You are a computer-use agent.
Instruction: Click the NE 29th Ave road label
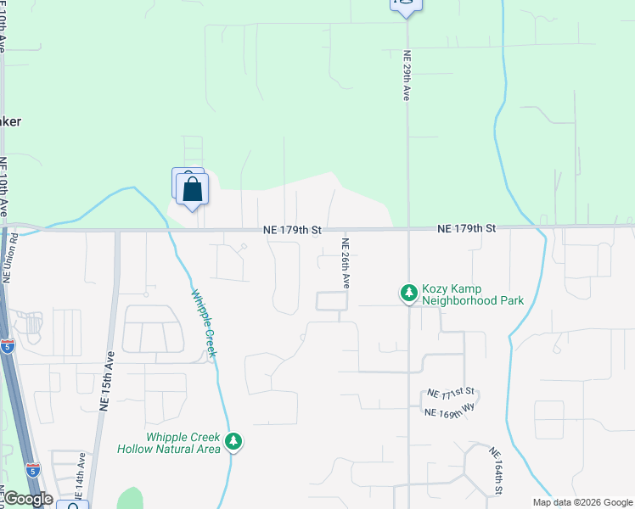pos(407,76)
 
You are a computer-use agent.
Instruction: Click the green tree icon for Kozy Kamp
pos(409,294)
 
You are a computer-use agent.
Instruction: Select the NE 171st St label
pos(452,394)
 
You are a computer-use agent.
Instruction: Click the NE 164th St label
pos(497,473)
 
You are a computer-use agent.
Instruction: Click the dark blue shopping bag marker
pos(193,190)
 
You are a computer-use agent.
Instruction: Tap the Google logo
pos(28,499)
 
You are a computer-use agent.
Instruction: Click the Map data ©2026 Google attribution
pos(582,502)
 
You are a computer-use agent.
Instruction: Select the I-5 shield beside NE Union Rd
pos(8,345)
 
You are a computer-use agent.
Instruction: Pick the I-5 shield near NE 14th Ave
pos(32,469)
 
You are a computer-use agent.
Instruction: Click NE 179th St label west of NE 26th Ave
pos(292,230)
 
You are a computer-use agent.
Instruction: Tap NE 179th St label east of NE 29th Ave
pos(466,229)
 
